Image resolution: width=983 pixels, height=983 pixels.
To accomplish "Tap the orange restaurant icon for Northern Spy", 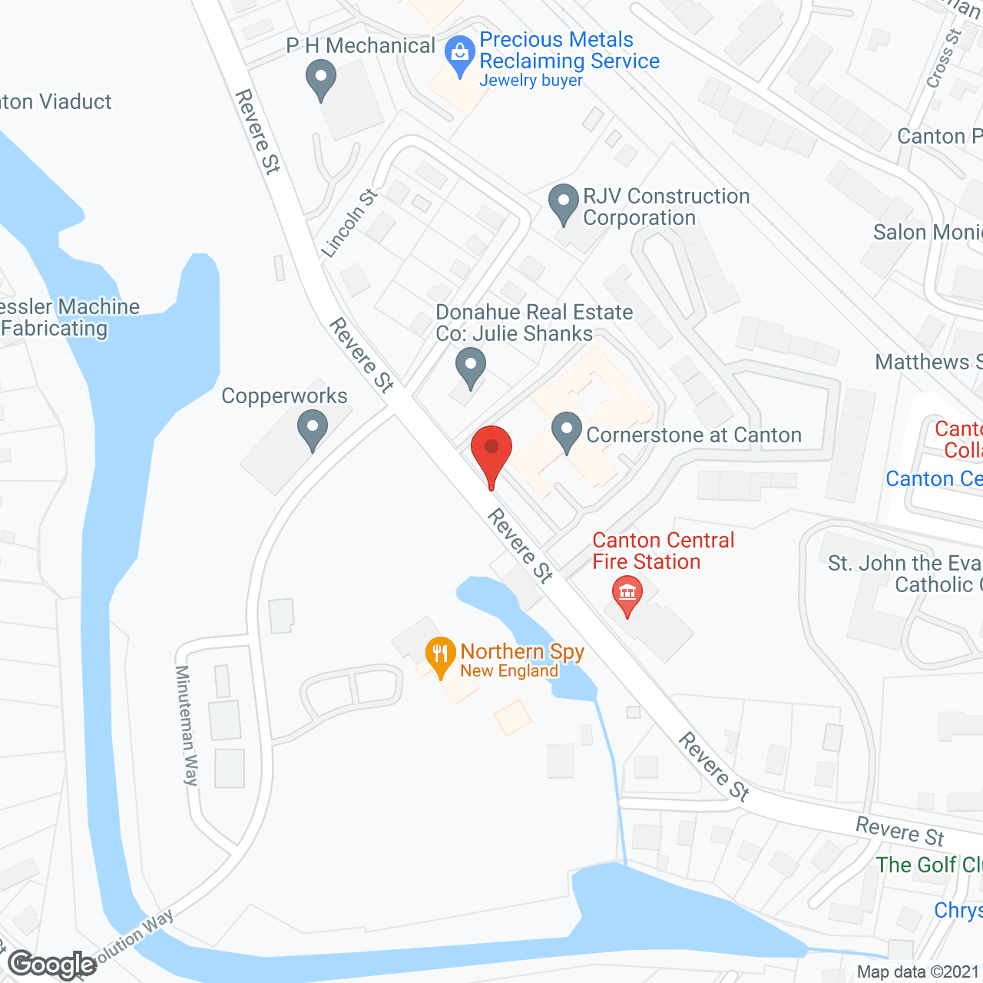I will pos(439,655).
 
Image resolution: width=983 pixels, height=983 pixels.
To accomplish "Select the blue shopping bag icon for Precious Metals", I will pos(460,55).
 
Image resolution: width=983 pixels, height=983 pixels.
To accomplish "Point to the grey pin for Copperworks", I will pos(313,429).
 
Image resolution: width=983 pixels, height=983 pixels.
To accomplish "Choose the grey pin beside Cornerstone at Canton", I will pos(567,431).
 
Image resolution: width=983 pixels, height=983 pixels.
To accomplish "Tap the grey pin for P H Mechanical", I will pos(321,78).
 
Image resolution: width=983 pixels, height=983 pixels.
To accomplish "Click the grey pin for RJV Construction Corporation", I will pos(564,203).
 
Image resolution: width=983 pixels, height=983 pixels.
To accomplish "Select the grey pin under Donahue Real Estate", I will pos(470,366).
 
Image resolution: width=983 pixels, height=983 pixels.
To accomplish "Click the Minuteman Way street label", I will pos(187,725).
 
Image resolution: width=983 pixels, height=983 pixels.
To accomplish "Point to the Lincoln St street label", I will pos(349,223).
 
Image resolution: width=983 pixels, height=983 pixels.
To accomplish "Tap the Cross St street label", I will pos(944,58).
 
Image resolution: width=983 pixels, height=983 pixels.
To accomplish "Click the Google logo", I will pos(52,964).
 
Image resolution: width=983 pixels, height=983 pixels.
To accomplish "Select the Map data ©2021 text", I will pos(918,971).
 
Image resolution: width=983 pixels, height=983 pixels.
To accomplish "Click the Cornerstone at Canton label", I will pos(693,435).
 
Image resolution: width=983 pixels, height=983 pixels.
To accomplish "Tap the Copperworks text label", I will pos(284,396).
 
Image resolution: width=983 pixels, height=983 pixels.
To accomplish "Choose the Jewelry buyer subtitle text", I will pos(531,80).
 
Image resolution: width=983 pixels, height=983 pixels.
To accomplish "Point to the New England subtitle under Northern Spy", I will pos(509,670).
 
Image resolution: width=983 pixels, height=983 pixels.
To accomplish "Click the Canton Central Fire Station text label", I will pos(663,551).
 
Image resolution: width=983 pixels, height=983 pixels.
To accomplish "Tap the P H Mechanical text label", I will pos(360,46).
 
